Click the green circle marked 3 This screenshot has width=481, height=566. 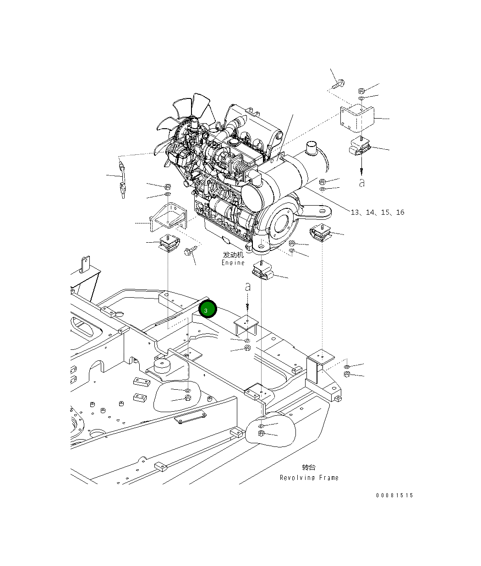208,310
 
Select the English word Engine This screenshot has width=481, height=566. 233,263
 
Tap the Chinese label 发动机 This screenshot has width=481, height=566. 233,255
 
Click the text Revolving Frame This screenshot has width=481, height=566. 309,478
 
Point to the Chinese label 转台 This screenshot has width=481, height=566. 309,468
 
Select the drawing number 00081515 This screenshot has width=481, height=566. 394,495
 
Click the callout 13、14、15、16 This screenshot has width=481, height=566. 377,212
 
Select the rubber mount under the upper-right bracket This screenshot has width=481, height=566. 360,147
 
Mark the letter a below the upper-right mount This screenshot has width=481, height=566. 362,183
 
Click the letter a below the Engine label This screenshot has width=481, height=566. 248,288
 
